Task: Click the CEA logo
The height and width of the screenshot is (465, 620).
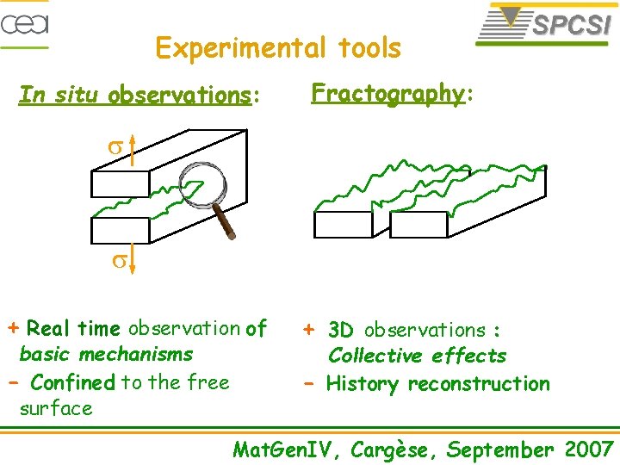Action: pyautogui.click(x=24, y=23)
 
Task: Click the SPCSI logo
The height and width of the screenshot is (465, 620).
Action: pyautogui.click(x=545, y=24)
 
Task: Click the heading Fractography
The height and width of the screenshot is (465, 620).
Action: pyautogui.click(x=387, y=93)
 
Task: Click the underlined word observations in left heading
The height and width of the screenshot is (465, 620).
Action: pyautogui.click(x=180, y=95)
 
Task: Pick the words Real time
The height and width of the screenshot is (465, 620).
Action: pyautogui.click(x=73, y=329)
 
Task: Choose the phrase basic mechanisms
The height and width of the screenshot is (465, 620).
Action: pyautogui.click(x=106, y=354)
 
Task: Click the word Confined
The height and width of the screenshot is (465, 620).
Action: pyautogui.click(x=72, y=381)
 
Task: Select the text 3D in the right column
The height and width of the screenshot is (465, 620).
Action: pyautogui.click(x=341, y=330)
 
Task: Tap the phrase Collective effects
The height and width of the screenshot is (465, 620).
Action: pyautogui.click(x=417, y=356)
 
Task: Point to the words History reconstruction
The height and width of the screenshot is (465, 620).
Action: pyautogui.click(x=437, y=384)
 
